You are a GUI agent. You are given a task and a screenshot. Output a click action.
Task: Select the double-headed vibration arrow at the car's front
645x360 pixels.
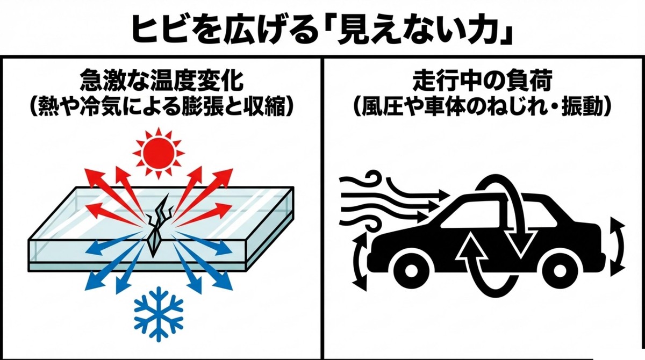point(359,259)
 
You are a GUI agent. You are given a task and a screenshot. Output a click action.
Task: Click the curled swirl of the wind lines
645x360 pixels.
point(371,177)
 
